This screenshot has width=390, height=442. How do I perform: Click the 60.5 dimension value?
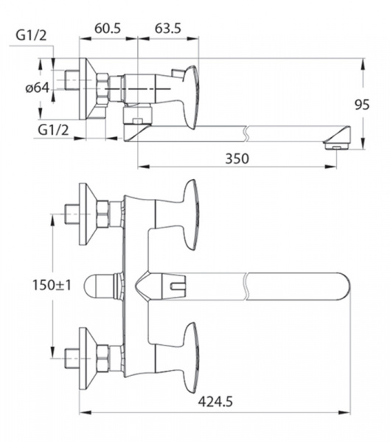point(108,29)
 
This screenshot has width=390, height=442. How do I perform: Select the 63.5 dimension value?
point(168,29)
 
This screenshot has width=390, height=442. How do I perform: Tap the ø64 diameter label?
point(38,88)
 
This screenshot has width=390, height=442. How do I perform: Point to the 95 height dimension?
point(362,105)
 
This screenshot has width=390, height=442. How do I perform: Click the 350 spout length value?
point(237,158)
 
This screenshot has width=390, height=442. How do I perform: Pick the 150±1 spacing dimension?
point(52,285)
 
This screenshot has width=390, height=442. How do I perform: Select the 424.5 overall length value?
point(215,401)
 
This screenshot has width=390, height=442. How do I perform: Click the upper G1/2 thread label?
point(31,36)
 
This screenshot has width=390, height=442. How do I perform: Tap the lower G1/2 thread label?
point(53,130)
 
